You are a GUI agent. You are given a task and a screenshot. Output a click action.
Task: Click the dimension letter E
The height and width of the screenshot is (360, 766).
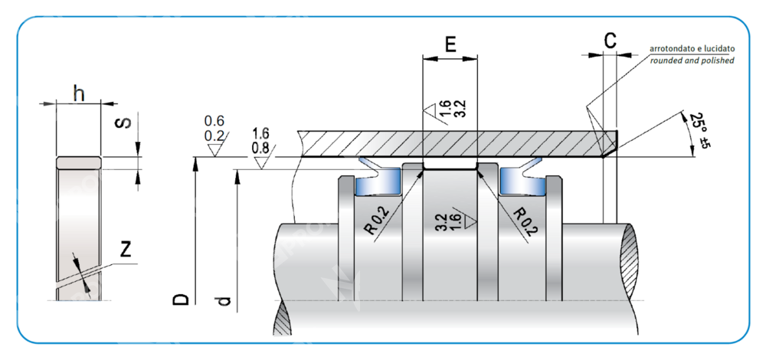click(x=450, y=43)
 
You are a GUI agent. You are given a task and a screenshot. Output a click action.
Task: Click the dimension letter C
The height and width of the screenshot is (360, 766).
click(x=610, y=41)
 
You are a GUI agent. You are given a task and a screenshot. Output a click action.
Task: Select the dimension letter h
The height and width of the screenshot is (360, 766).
click(x=78, y=93)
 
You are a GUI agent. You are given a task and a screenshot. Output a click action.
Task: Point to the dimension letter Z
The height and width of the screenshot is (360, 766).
click(x=126, y=248)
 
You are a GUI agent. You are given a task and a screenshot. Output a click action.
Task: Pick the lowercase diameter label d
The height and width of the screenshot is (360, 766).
click(x=224, y=301)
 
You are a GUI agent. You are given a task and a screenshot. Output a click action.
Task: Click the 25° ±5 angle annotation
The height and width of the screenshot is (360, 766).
click(x=698, y=131)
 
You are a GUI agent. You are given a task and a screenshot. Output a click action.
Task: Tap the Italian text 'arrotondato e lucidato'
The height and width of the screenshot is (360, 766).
click(x=692, y=48)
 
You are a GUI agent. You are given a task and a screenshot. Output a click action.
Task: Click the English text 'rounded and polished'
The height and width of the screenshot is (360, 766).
click(x=692, y=60)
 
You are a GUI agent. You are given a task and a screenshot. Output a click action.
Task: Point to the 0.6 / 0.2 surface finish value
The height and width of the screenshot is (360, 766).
click(x=214, y=129)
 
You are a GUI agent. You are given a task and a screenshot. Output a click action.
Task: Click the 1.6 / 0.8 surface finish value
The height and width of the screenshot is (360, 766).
click(x=260, y=142)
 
